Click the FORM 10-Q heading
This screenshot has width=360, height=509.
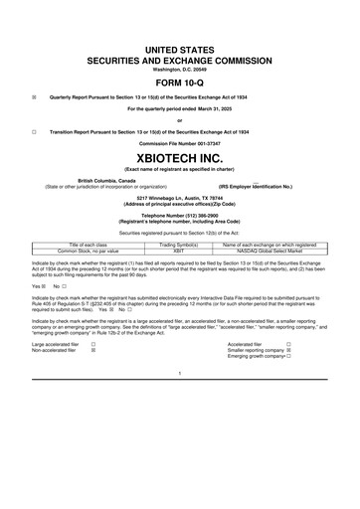click(x=180, y=82)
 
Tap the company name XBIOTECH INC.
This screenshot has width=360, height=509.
click(x=180, y=156)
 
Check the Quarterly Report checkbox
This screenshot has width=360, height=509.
click(x=35, y=97)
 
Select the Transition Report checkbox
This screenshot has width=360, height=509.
click(x=35, y=131)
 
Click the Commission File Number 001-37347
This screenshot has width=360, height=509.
click(x=180, y=143)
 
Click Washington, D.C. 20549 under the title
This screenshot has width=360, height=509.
click(x=180, y=70)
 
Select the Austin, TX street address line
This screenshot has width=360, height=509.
click(x=180, y=197)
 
